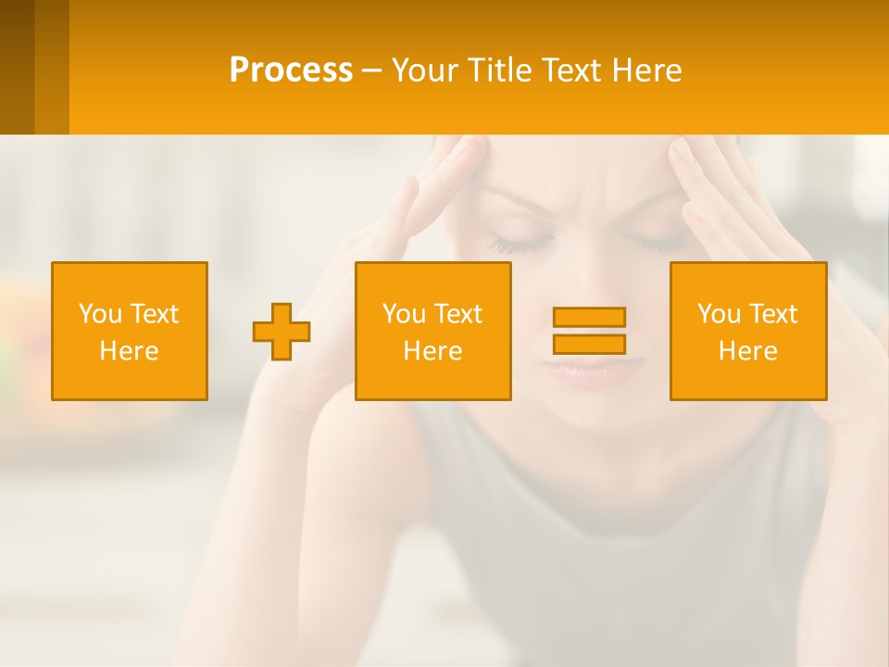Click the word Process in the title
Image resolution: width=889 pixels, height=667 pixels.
[291, 70]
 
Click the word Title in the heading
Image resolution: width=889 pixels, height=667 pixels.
[498, 70]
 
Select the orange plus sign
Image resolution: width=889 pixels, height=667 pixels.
[282, 332]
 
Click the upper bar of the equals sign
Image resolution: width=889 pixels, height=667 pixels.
[589, 317]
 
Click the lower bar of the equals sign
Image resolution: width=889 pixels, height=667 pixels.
[589, 344]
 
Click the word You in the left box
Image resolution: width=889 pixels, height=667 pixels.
[100, 314]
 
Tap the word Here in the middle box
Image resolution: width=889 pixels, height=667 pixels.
[432, 351]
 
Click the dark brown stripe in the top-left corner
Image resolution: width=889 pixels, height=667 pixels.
[17, 67]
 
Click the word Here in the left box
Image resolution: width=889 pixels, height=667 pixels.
[129, 351]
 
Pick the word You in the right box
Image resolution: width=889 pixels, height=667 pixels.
[719, 314]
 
